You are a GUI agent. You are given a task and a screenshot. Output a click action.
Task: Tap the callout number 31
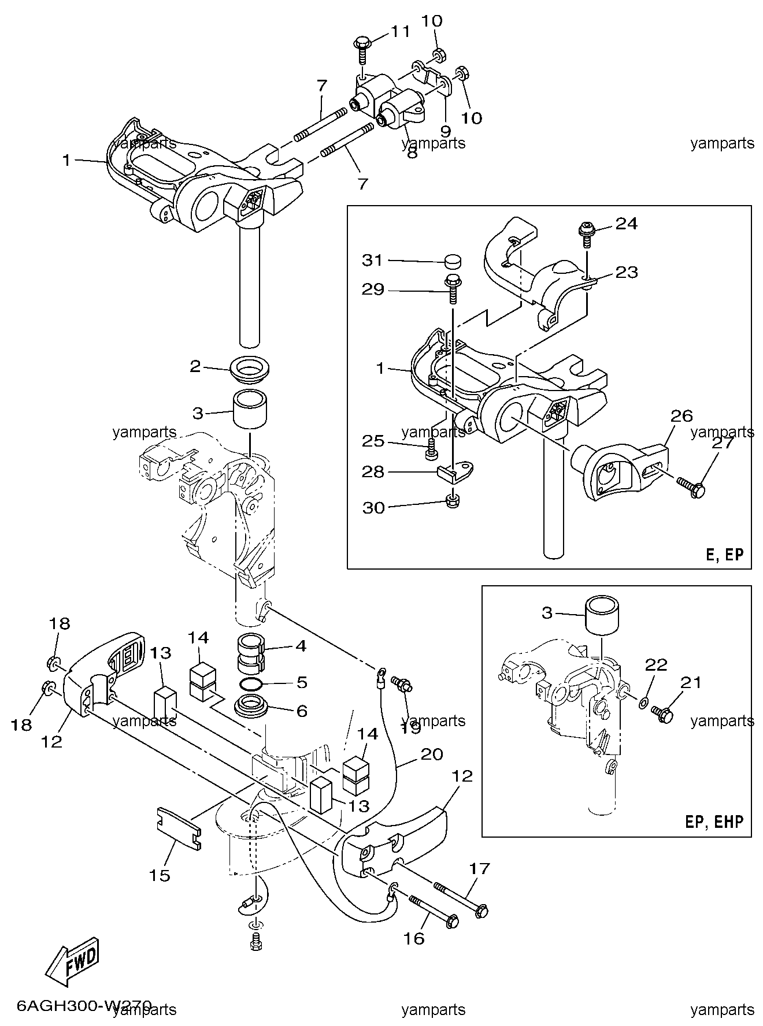372,261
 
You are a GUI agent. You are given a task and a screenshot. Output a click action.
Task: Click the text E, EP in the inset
725,555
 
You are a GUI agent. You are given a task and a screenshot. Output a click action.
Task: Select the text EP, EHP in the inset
714,821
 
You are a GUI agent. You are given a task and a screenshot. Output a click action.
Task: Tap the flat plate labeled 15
179,828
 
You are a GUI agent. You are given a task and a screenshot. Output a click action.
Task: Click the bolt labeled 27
691,488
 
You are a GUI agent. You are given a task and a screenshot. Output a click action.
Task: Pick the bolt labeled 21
662,713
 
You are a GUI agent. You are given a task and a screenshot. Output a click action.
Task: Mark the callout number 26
681,415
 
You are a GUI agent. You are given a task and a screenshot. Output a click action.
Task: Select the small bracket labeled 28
458,471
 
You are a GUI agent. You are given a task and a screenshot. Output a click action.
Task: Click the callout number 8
412,155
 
